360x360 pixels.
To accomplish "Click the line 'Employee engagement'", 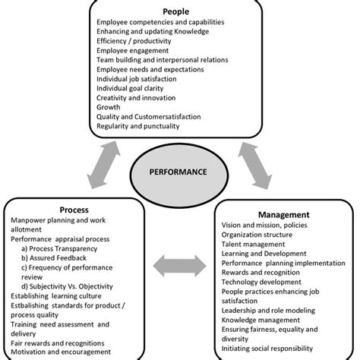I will coord(133,50).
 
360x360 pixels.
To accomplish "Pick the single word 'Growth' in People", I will coord(109,106).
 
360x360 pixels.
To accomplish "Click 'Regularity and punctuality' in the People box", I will coord(142,125).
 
